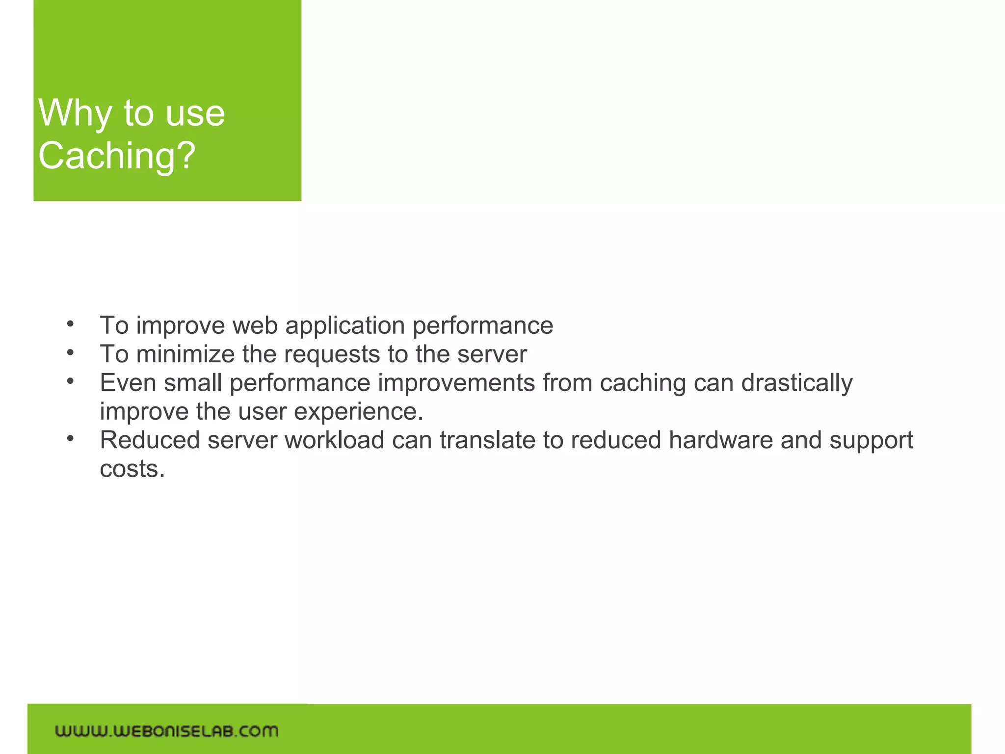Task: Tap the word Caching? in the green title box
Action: [117, 156]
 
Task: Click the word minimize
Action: [185, 354]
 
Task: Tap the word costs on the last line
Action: [132, 469]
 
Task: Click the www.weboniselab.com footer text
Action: [166, 731]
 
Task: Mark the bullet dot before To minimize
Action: [71, 352]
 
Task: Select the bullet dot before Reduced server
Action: [71, 438]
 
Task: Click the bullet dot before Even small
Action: [71, 381]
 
